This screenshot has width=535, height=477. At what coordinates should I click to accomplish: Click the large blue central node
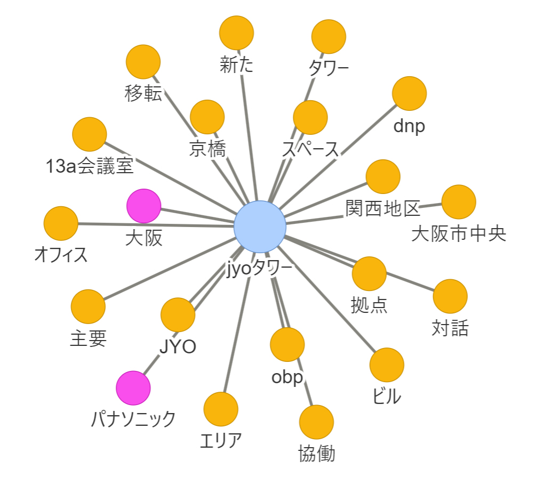point(260,226)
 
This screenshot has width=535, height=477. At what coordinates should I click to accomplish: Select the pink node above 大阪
point(143,206)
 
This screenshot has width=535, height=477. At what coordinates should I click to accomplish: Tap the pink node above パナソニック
point(133,389)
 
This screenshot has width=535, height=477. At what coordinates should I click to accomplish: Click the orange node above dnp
point(409,94)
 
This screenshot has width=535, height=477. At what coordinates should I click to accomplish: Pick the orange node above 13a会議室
point(89,134)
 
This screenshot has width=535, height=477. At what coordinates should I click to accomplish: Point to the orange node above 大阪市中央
point(459,202)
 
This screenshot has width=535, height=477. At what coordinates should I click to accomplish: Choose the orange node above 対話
point(450,296)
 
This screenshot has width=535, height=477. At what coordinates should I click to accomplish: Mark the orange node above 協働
point(316,422)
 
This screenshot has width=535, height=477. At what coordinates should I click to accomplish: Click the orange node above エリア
point(221,409)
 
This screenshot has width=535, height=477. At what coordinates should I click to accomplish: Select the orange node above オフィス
point(61,224)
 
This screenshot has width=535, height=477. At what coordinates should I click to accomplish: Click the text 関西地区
point(382,208)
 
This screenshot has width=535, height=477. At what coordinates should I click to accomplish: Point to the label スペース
point(310,150)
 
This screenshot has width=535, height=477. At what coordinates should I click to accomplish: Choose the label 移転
point(142,94)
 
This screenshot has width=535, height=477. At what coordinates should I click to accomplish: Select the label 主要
point(88,338)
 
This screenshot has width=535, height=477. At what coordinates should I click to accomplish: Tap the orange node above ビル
point(387,365)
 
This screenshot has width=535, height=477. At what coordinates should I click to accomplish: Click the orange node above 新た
point(236,33)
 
